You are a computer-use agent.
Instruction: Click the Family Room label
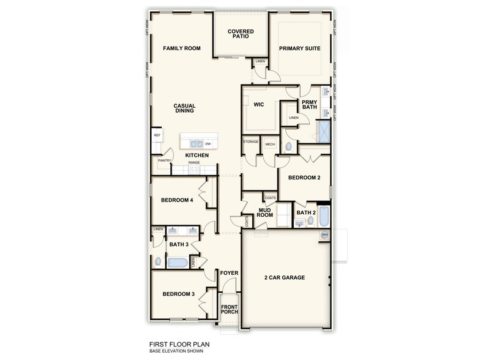181,48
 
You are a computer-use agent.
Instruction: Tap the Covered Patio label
241,34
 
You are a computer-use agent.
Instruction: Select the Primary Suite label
300,48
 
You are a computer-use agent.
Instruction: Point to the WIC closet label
258,105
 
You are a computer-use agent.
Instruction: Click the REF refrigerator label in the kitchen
157,135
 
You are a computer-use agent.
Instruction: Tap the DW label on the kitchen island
208,144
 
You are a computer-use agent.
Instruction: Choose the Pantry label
164,160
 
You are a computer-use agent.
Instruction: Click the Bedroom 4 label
177,200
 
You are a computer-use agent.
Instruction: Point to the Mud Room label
264,212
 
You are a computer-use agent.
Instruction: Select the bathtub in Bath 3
178,262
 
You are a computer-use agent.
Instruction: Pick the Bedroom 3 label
178,294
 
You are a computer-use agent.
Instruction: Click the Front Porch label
230,309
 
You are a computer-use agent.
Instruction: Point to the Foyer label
229,273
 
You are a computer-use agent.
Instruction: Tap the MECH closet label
269,144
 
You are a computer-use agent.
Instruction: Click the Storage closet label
251,141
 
